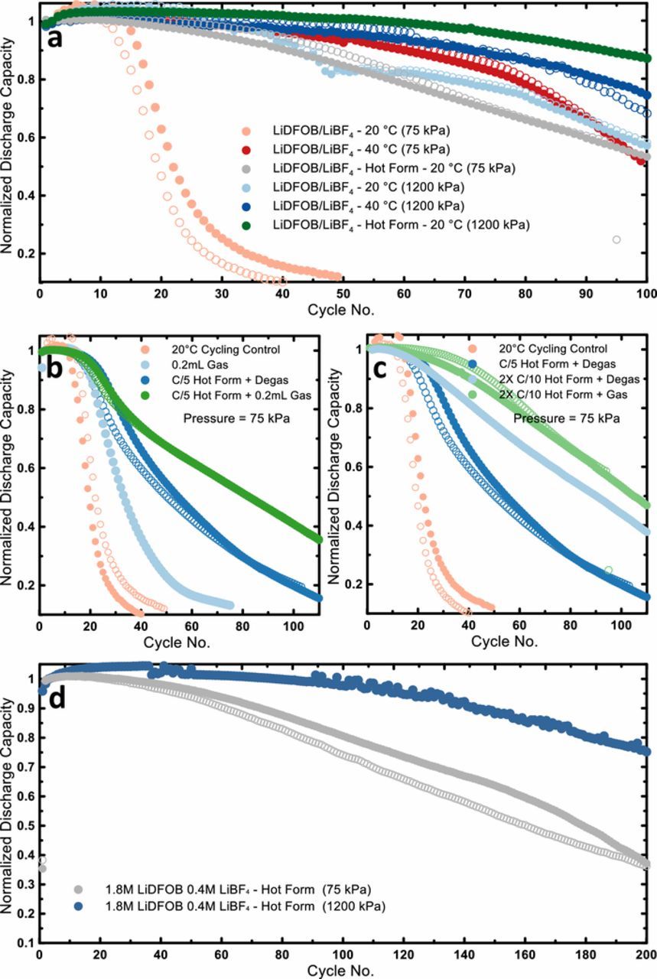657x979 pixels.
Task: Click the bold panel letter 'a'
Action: [54, 37]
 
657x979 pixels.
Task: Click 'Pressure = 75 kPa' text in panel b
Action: [230, 418]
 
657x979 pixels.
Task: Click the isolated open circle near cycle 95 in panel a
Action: [616, 239]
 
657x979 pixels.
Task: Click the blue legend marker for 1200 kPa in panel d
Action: [78, 906]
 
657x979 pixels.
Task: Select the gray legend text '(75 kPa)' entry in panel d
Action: [237, 890]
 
